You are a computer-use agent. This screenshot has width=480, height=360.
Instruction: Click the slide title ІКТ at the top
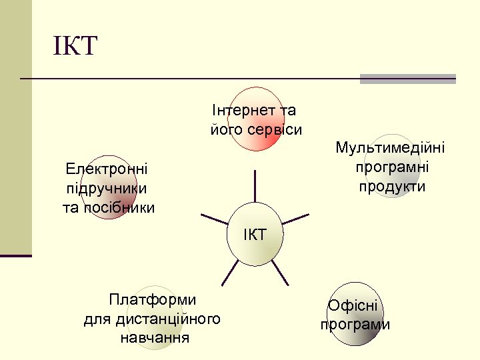[75, 47]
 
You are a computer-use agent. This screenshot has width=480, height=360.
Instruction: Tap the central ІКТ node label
[255, 235]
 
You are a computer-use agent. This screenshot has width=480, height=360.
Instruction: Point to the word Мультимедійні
[391, 147]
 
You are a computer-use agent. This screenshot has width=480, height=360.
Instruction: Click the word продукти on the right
[392, 186]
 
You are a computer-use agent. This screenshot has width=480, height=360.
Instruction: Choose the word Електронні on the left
[107, 169]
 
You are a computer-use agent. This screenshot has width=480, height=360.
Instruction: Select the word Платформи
[152, 299]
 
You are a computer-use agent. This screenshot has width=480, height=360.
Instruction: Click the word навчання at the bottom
[154, 338]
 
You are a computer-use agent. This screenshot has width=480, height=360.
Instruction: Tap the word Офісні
[353, 307]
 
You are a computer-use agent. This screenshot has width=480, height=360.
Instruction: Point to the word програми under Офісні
[355, 325]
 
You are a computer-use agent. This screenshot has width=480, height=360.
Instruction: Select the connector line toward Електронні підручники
[215, 218]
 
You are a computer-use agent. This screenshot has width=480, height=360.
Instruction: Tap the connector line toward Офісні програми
[280, 272]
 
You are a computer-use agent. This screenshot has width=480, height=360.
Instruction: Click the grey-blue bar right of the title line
[407, 79]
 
